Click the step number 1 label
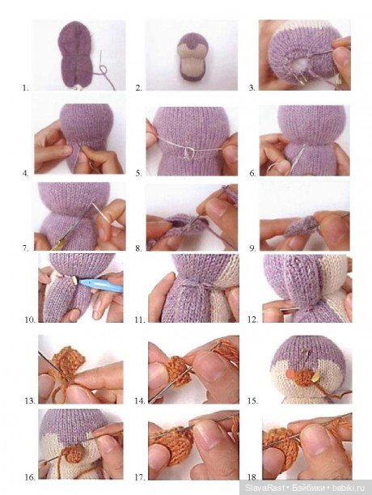(25, 88)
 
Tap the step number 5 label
(139, 173)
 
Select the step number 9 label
(252, 248)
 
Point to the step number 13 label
(30, 401)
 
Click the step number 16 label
(30, 477)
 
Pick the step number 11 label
(140, 320)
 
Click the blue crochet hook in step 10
(100, 285)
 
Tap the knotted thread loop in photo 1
(103, 70)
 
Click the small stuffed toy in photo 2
(192, 57)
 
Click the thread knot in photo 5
(188, 153)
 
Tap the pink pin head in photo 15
(289, 374)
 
